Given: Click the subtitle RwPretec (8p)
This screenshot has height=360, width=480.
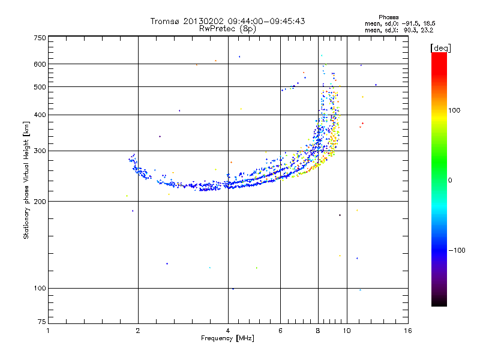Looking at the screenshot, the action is pos(227,29).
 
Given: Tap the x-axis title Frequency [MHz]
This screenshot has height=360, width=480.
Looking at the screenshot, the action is pos(227,338).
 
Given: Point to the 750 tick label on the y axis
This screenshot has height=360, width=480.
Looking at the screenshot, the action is pos(40,38).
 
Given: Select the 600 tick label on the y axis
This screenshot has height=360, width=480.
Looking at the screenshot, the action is pos(40,64).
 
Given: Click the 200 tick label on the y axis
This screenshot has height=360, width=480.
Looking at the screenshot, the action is pos(40,202).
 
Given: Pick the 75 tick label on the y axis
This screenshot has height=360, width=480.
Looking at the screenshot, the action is pos(42,322).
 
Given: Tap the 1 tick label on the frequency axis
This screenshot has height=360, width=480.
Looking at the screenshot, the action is pos(48,331).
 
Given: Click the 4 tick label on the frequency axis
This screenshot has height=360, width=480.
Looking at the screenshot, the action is pos(228,331).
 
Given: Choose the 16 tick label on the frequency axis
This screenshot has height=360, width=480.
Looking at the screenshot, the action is pos(408,331).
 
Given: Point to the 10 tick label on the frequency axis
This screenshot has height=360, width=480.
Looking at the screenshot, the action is pos(347,331).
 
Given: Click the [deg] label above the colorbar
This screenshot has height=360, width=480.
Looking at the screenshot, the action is pos(441,49).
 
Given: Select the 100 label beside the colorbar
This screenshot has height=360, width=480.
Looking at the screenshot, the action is pos(454,110).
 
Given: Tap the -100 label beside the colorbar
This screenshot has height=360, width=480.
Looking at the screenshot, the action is pos(457,250).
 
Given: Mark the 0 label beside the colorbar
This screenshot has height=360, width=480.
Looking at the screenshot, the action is pos(450,181).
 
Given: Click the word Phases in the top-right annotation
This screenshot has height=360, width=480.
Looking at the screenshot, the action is pos(389,17).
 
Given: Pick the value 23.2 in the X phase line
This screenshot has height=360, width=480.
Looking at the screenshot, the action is pos(427,30).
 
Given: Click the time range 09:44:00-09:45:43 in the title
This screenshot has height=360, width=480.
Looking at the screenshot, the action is pos(266,21).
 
